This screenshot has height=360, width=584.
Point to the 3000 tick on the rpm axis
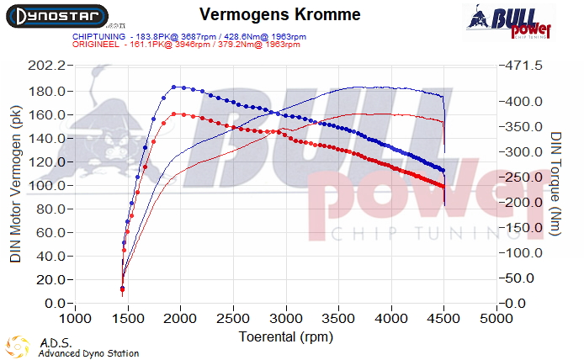[286, 319]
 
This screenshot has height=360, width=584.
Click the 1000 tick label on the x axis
[76, 319]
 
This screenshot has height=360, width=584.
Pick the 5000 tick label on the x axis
[496, 319]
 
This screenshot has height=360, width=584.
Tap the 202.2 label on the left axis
[47, 66]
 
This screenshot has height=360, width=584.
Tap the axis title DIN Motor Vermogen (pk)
[15, 183]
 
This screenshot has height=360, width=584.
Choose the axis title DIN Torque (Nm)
[556, 183]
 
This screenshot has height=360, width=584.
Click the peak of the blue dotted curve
[174, 87]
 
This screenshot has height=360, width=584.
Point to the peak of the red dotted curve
[174, 114]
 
